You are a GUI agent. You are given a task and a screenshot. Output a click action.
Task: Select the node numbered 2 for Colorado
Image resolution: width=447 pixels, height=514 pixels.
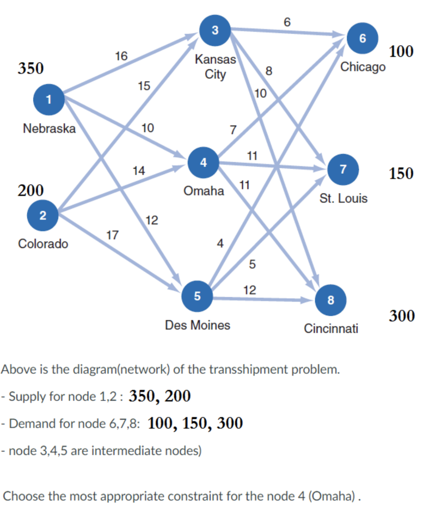pos(43,215)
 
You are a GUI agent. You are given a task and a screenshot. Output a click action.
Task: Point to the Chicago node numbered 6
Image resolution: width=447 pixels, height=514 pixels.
pos(362,39)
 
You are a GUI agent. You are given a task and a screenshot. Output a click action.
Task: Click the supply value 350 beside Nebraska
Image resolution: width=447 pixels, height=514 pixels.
pos(31,68)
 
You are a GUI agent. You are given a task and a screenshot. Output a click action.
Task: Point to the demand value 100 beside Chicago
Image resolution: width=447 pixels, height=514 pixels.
pos(401,51)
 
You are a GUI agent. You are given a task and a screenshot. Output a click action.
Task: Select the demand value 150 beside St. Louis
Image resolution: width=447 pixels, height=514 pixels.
pos(401,174)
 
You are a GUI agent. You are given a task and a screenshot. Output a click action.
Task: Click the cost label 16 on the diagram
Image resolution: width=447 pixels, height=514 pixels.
pos(120,56)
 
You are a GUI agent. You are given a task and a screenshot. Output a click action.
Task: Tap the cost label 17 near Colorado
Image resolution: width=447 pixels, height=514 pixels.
pos(113,234)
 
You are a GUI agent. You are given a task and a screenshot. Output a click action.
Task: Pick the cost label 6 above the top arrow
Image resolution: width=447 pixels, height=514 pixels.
pos(286,22)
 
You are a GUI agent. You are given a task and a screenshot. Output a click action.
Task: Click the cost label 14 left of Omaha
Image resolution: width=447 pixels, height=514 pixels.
pos(138,171)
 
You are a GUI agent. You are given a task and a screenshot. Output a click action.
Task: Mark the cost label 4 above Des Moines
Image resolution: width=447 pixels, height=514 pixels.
pos(219,243)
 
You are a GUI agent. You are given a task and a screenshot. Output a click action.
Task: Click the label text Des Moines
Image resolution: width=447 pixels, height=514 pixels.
pos(198,325)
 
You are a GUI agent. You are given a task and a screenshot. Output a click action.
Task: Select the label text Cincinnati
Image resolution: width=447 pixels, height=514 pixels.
pos(331,329)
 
